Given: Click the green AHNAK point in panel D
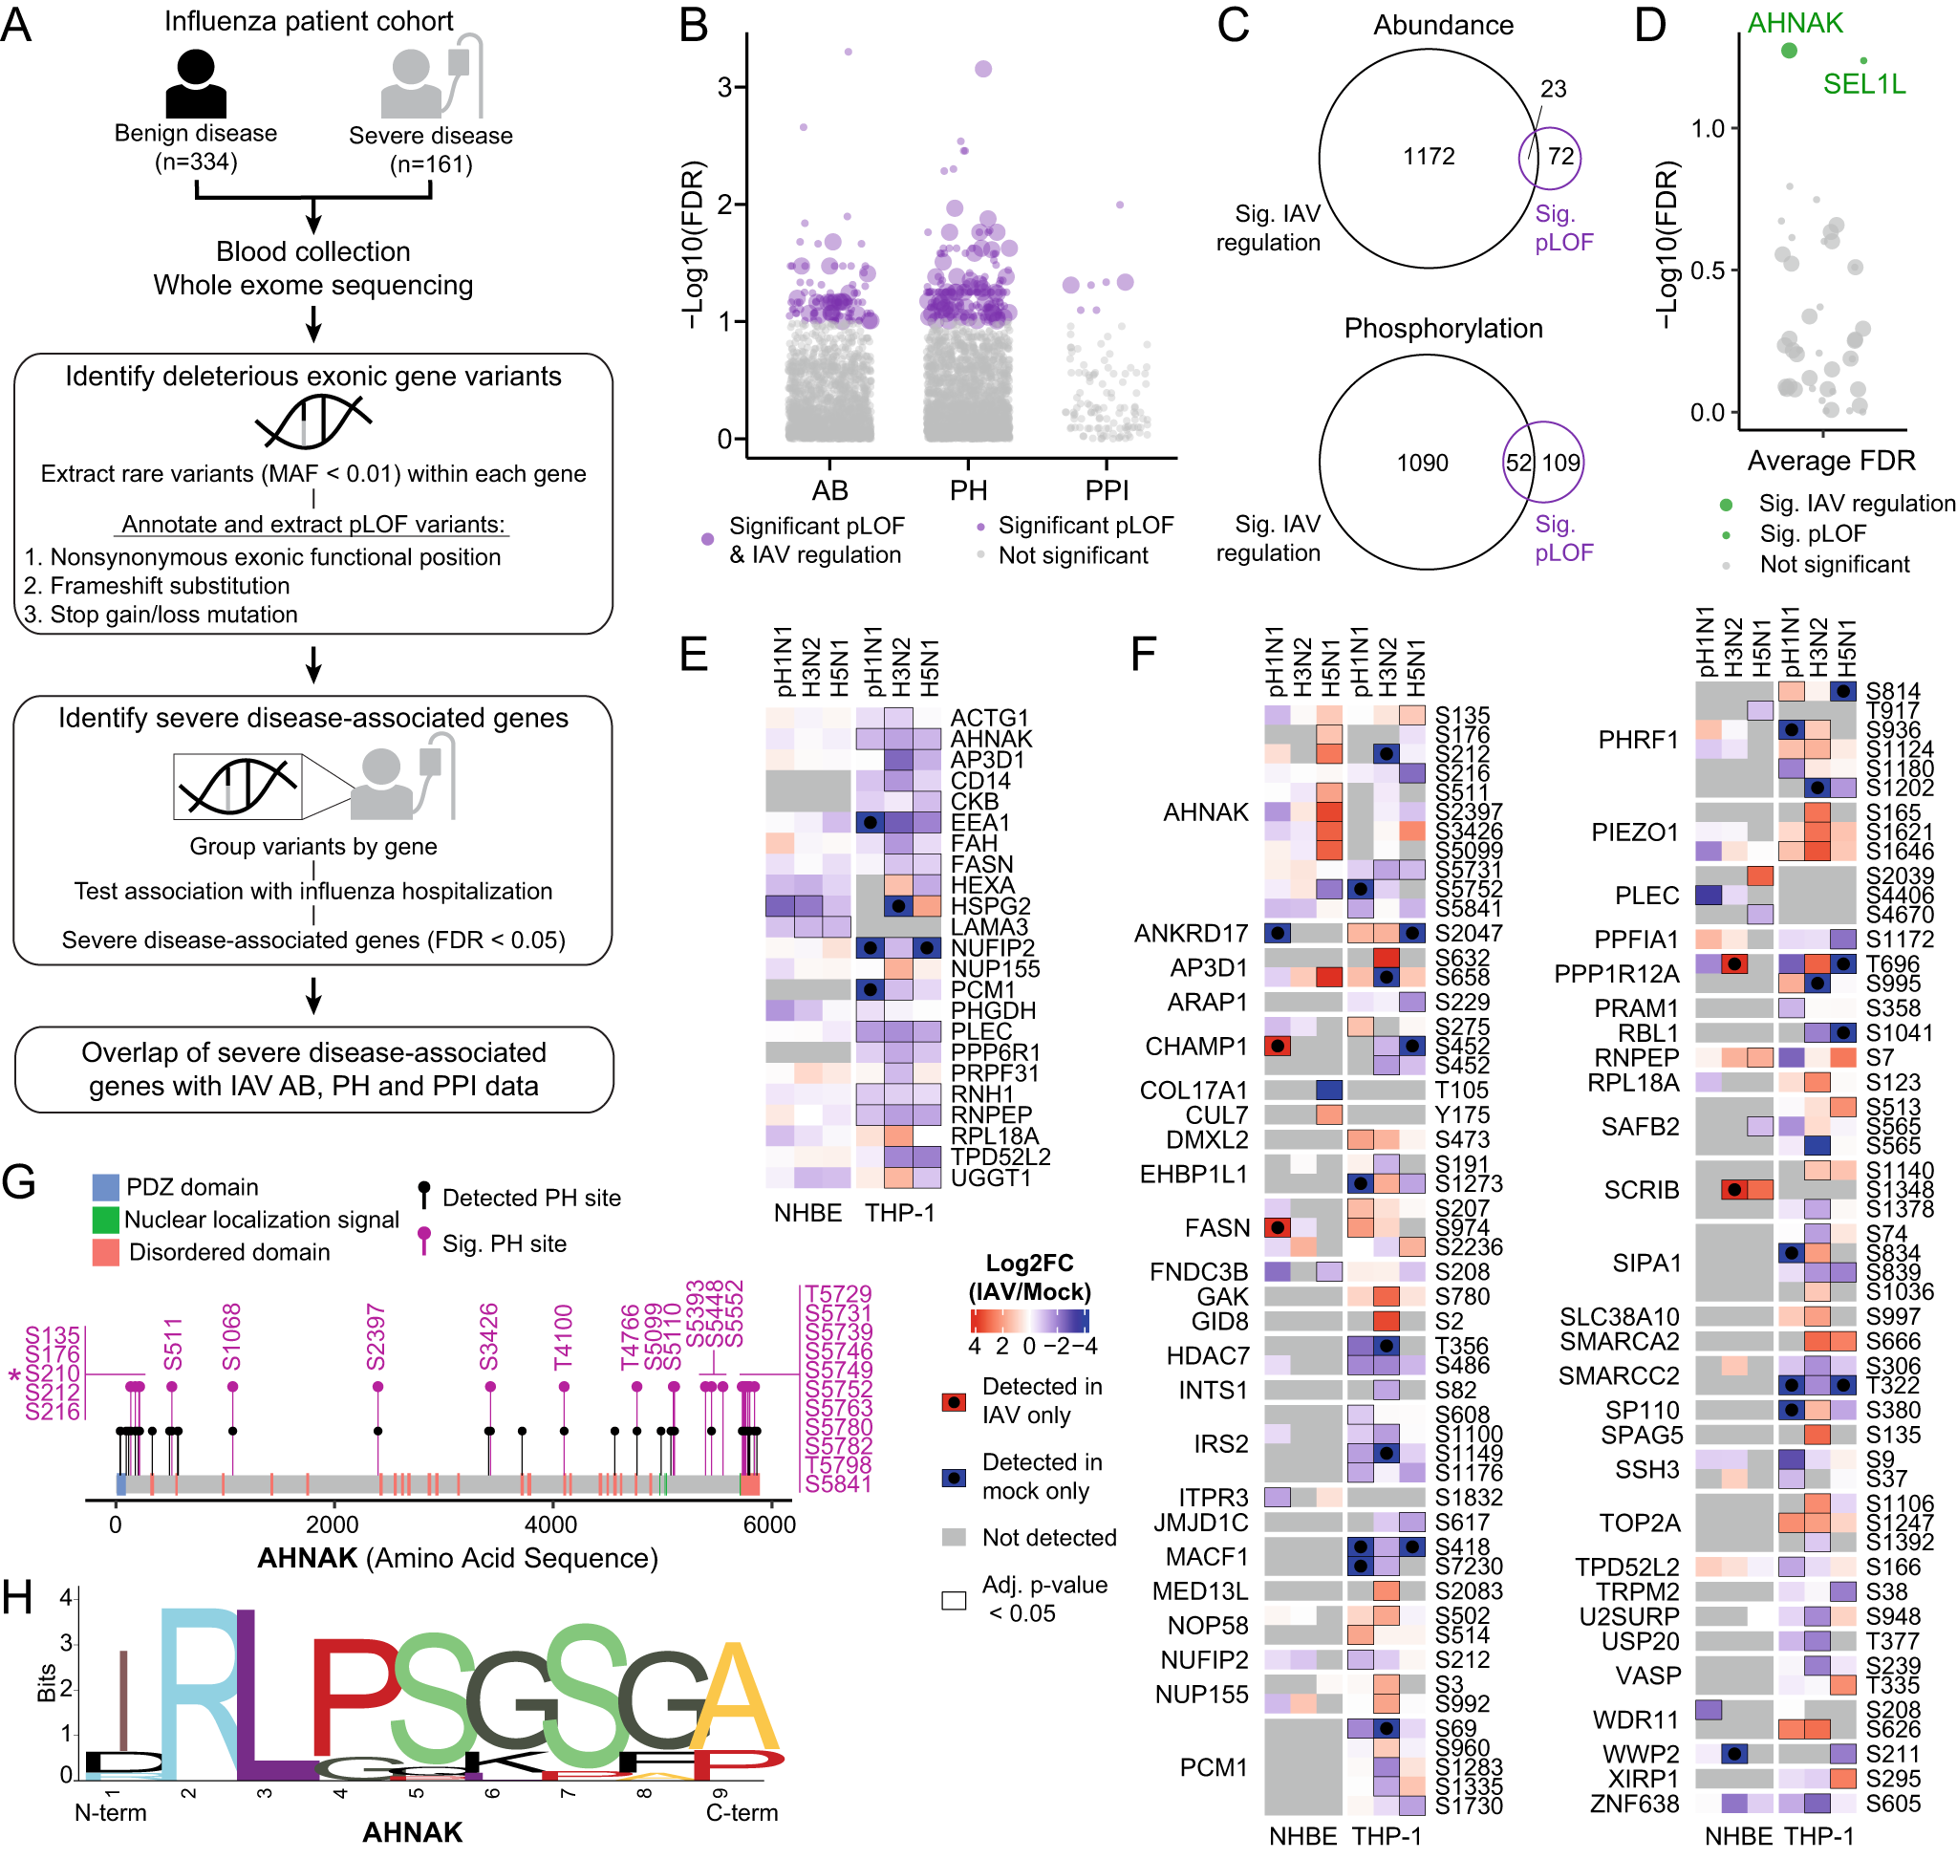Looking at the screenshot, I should click(x=1788, y=51).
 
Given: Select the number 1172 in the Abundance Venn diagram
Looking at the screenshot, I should click(x=1428, y=157).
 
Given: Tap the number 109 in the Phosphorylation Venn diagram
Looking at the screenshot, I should click(x=1560, y=463).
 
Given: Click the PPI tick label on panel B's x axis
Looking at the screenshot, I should click(x=1107, y=490).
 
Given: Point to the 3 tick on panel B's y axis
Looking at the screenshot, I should click(x=726, y=87).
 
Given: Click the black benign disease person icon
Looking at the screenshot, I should click(x=195, y=83).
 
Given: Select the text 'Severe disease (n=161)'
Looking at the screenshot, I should click(x=430, y=150).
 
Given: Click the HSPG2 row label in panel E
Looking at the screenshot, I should click(x=990, y=906).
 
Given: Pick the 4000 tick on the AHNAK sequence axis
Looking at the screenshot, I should click(x=550, y=1524).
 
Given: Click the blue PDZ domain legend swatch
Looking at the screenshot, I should click(x=105, y=1187).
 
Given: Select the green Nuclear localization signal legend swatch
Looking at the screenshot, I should click(x=105, y=1219).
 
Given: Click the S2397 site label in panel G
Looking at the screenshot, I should click(x=376, y=1337).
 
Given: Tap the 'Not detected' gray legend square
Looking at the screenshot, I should click(x=954, y=1537).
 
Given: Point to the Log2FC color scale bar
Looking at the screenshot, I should click(x=1029, y=1320).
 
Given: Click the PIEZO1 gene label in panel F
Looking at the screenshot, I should click(x=1634, y=832).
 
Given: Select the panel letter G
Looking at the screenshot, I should click(x=19, y=1182).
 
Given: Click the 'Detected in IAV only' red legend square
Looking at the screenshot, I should click(x=954, y=1401).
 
